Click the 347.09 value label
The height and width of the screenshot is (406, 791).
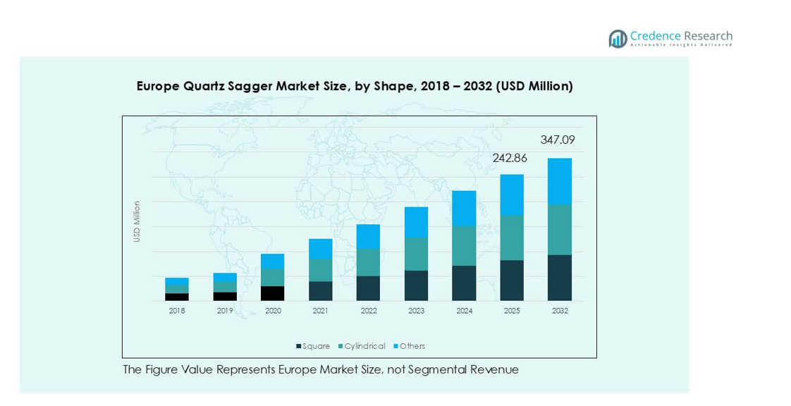point(557,140)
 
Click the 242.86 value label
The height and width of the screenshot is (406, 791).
point(510,159)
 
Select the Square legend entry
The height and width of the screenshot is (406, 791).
point(314,346)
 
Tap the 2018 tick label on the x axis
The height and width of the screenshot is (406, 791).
point(177,310)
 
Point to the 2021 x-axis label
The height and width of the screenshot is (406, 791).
point(320,310)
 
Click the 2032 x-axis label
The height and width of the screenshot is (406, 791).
point(559,310)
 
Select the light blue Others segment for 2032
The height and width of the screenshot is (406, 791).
point(559,181)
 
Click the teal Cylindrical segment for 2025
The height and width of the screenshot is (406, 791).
point(512,238)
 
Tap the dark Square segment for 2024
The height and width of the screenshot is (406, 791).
point(464,283)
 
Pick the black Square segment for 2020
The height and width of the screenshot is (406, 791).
point(273,293)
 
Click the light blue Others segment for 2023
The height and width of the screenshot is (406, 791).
point(416,222)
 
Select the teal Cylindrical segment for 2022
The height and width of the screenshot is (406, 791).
point(368,262)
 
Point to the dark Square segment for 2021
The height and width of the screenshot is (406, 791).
point(320,291)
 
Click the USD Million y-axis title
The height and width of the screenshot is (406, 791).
point(137,222)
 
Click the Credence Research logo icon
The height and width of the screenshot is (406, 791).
point(618,39)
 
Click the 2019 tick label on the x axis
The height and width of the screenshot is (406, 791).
point(225,310)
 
